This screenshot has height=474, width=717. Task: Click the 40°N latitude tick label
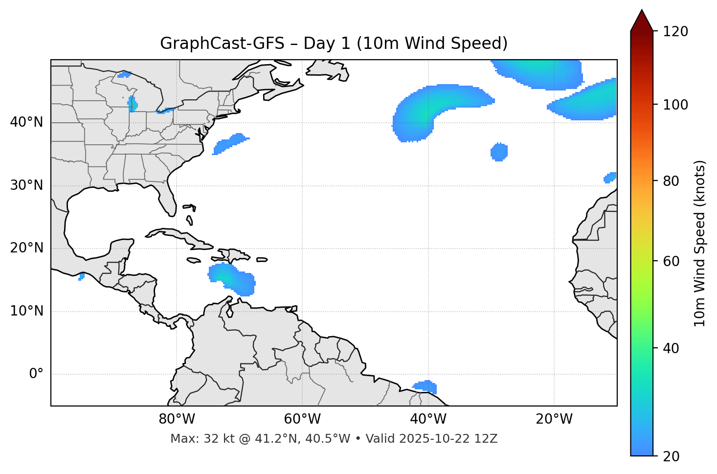click(26, 122)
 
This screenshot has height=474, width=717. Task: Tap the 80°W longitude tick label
click(177, 419)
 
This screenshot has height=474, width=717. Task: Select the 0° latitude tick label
click(36, 374)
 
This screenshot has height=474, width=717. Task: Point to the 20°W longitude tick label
click(554, 419)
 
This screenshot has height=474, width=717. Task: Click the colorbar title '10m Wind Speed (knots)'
click(700, 244)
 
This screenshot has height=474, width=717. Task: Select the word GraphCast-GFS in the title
click(222, 44)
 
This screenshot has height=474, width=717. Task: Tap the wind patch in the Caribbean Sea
click(232, 279)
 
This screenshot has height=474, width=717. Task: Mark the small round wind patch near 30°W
click(499, 152)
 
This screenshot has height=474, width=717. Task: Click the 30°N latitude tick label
click(26, 185)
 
